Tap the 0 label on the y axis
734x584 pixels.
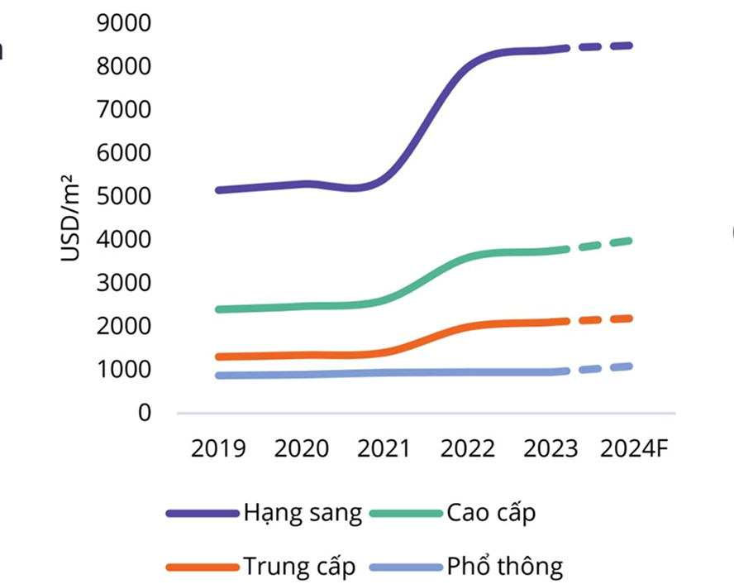[145, 412]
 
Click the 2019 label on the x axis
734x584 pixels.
[218, 449]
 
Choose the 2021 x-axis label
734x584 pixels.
[384, 449]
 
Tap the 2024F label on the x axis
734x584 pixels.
[635, 449]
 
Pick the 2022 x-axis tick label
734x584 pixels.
[467, 449]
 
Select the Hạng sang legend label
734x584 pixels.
[303, 513]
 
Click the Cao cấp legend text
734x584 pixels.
[491, 513]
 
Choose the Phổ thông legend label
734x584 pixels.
[505, 567]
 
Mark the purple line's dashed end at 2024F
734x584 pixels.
[630, 45]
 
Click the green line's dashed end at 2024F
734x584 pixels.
[630, 241]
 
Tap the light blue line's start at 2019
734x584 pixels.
[218, 376]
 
